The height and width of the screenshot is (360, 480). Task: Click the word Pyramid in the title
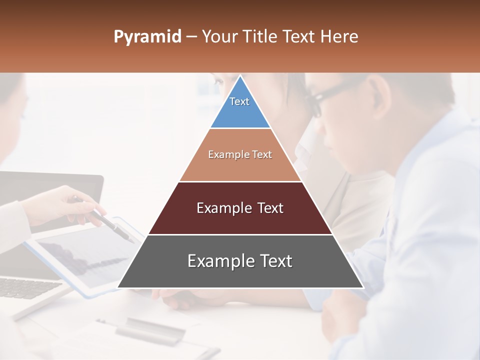tap(147, 37)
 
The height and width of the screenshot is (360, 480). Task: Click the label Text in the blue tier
tap(239, 101)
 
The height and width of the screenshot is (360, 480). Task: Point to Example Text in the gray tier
tap(240, 261)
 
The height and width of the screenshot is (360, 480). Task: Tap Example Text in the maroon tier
tap(240, 208)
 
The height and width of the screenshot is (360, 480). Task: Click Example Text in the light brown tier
tap(240, 154)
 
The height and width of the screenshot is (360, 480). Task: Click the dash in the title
tap(191, 37)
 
